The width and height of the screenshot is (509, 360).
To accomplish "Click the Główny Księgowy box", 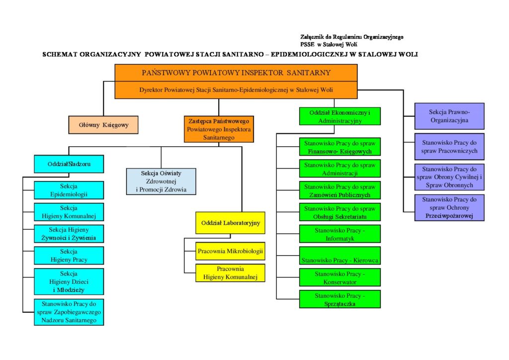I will pos(103,125).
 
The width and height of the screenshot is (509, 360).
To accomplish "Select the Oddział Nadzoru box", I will pos(69,164).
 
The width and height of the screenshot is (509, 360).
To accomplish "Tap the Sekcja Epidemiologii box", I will pos(69,190).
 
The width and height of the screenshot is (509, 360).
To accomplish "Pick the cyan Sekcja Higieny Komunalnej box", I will pos(69,212).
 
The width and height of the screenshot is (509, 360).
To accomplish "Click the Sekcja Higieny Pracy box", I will pos(69,255).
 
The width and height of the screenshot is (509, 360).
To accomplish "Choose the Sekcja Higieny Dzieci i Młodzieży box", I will pos(69,281).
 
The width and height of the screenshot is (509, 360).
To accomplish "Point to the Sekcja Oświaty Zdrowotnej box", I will pos(161,181).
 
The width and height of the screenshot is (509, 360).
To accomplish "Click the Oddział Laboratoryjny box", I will pos(231,223).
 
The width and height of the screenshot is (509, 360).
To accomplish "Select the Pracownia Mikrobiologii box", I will pos(231,251).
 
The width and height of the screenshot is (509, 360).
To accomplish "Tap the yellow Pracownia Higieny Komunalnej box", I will pos(231,272).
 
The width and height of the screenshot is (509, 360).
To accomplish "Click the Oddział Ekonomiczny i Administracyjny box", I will pos(340,116).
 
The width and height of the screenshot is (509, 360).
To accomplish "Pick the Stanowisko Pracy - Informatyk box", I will pos(340,234).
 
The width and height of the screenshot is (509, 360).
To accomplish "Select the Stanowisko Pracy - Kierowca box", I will pos(340,256).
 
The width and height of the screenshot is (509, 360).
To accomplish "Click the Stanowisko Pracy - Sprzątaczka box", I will pos(340,299).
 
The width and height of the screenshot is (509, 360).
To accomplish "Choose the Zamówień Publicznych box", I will pos(340,190).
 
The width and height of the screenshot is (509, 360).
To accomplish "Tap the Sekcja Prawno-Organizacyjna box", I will pos(449,116).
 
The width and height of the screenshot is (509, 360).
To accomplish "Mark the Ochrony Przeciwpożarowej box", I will pos(449,207).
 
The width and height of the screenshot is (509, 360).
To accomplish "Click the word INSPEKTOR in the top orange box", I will pos(260,73).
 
